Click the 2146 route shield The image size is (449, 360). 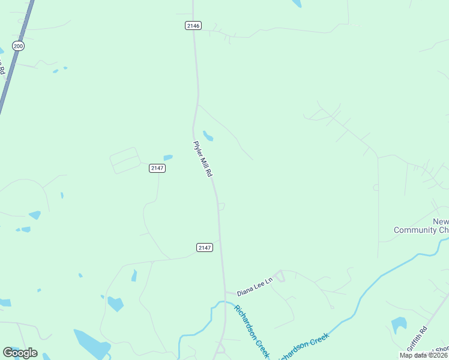[x=193, y=25]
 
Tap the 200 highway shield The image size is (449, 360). [x=18, y=46]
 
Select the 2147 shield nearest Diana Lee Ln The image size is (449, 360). [x=205, y=247]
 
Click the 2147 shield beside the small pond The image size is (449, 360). [x=157, y=168]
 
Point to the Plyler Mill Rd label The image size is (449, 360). [x=203, y=159]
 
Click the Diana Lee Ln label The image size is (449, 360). [x=255, y=290]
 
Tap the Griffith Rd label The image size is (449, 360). [x=417, y=338]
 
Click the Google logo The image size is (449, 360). [x=20, y=353]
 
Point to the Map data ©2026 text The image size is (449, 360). [x=423, y=355]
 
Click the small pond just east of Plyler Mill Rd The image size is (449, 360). [x=208, y=136]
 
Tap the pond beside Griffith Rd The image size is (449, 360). [x=399, y=325]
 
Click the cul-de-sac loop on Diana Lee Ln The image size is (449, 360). [x=280, y=276]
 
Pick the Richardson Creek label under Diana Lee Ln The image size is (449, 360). [x=251, y=331]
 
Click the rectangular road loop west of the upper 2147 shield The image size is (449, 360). [x=125, y=160]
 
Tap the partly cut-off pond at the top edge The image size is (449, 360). [x=295, y=3]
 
